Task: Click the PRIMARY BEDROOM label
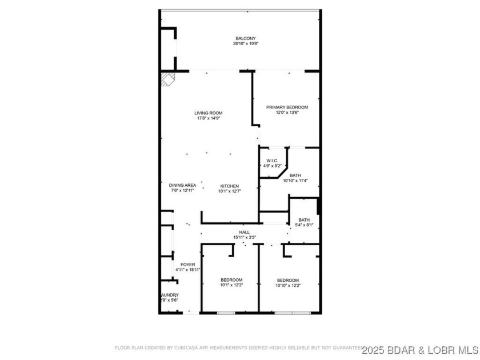(x=287, y=107)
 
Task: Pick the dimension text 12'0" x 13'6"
(x=287, y=112)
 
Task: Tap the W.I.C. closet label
(x=270, y=161)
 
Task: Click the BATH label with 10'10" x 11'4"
(x=295, y=175)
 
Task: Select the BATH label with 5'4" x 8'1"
(x=304, y=220)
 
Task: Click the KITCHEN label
(x=230, y=186)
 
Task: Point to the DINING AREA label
(x=183, y=185)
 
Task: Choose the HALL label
(x=244, y=232)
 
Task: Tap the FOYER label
(x=188, y=264)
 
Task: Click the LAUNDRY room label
(x=169, y=295)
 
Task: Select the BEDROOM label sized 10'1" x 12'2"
(x=231, y=280)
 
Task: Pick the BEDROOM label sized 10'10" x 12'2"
(x=288, y=280)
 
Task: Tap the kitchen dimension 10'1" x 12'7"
(x=230, y=191)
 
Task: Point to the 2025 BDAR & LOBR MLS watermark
(x=419, y=348)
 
